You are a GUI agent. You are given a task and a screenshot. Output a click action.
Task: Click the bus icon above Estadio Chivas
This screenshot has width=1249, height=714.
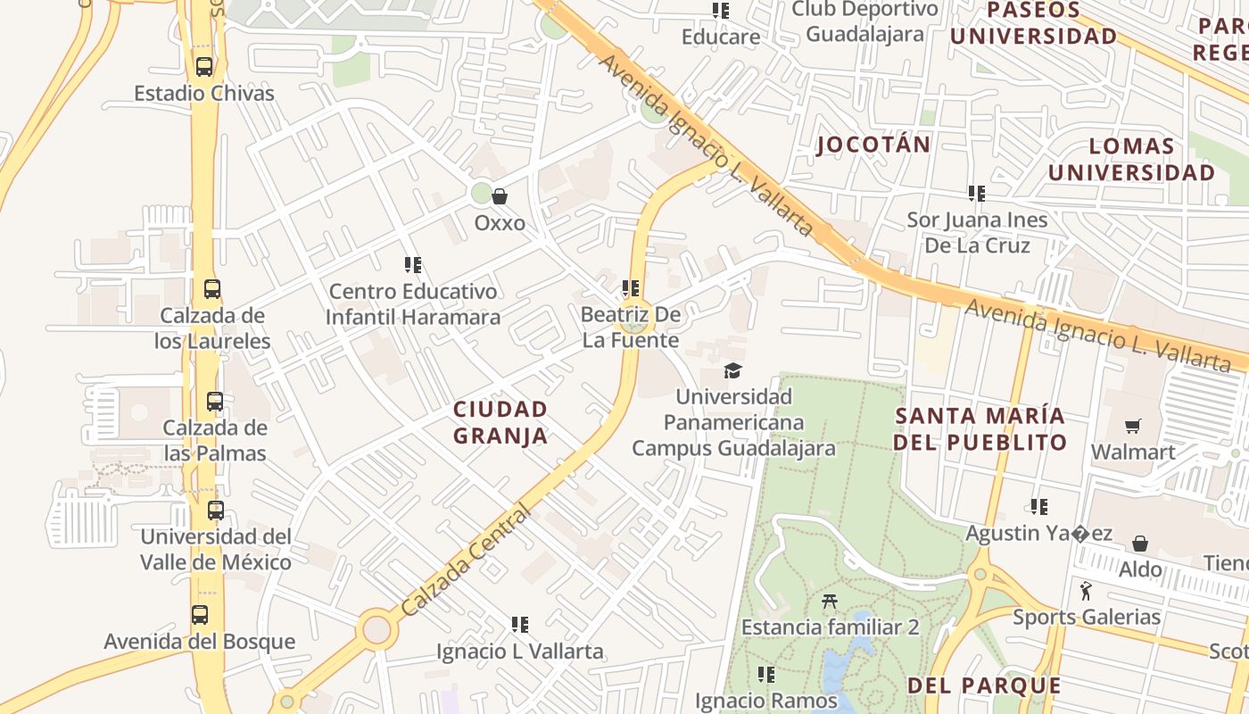pyautogui.click(x=204, y=67)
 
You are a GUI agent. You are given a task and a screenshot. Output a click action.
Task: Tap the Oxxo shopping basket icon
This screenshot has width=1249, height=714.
pyautogui.click(x=500, y=196)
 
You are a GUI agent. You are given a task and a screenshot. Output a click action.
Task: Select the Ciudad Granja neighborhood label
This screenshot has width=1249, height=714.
pyautogui.click(x=500, y=422)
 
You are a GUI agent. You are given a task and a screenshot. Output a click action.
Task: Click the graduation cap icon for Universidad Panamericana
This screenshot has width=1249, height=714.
pyautogui.click(x=732, y=370)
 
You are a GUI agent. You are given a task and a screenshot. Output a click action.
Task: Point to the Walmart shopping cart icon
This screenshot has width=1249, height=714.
pyautogui.click(x=1132, y=427)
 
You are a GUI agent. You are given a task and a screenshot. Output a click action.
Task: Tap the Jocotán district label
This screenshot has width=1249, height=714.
pyautogui.click(x=873, y=145)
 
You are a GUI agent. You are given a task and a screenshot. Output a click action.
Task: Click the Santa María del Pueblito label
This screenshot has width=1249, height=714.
pyautogui.click(x=980, y=428)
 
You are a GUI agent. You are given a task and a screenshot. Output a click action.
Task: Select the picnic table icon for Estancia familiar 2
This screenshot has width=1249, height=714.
pyautogui.click(x=829, y=602)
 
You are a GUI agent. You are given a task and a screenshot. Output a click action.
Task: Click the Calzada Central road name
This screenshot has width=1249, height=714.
pyautogui.click(x=465, y=562)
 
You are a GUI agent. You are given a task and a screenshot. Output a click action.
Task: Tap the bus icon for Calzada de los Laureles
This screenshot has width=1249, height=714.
pyautogui.click(x=211, y=289)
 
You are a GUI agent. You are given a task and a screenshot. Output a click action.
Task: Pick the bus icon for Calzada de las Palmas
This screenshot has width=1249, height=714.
pyautogui.click(x=214, y=402)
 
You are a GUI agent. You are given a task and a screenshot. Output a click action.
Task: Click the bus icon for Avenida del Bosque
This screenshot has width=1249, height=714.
pyautogui.click(x=200, y=615)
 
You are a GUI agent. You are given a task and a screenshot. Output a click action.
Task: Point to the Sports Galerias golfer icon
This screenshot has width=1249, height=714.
pyautogui.click(x=1086, y=592)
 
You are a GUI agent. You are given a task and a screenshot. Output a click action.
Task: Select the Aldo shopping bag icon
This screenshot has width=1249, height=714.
pyautogui.click(x=1140, y=544)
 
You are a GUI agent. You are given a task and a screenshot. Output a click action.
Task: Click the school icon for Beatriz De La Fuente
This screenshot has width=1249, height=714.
pyautogui.click(x=631, y=288)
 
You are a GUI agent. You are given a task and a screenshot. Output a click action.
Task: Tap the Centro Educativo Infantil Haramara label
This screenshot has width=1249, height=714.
pyautogui.click(x=412, y=304)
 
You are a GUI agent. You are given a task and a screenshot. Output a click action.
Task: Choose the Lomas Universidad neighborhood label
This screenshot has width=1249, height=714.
pyautogui.click(x=1131, y=160)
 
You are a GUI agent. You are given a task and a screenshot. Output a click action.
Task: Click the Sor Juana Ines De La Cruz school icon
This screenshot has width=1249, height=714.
pyautogui.click(x=977, y=193)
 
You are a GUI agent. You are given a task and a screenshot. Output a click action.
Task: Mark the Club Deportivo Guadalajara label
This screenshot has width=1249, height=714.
pyautogui.click(x=864, y=21)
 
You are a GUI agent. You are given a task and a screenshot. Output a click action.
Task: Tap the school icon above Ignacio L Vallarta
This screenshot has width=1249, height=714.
pyautogui.click(x=520, y=625)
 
